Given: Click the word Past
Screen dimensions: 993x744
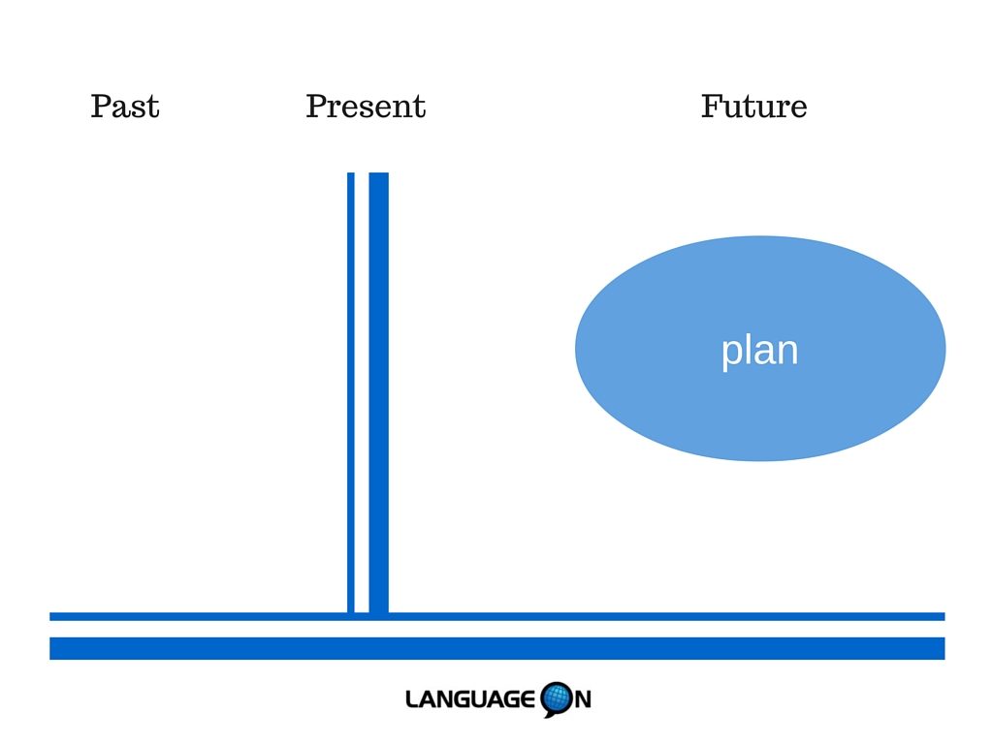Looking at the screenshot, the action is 125,107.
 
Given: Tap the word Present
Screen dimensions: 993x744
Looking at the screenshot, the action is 366,107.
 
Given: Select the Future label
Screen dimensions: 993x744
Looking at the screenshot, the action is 753,107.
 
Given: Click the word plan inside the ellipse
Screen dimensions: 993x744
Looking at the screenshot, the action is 759,351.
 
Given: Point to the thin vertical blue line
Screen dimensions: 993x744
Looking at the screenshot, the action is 351,392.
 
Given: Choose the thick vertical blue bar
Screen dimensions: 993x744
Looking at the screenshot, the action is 379,392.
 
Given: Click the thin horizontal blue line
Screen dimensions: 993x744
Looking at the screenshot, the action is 497,616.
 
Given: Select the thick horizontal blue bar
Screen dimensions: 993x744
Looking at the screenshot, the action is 497,648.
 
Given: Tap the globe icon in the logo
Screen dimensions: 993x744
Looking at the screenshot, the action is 557,699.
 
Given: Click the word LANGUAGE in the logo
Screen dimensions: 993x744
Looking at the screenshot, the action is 470,699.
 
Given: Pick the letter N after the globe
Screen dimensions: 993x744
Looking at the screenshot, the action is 583,699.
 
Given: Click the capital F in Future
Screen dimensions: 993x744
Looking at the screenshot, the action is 713,107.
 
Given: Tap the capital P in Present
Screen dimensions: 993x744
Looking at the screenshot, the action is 317,107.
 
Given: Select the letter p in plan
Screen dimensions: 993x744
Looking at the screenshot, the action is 730,355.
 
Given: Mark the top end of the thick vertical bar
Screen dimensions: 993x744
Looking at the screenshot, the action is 379,172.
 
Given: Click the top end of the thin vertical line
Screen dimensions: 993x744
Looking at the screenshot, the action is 351,172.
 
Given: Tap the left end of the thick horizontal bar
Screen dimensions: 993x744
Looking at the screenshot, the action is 50,648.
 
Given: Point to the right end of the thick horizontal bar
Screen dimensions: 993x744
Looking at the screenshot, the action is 945,648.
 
